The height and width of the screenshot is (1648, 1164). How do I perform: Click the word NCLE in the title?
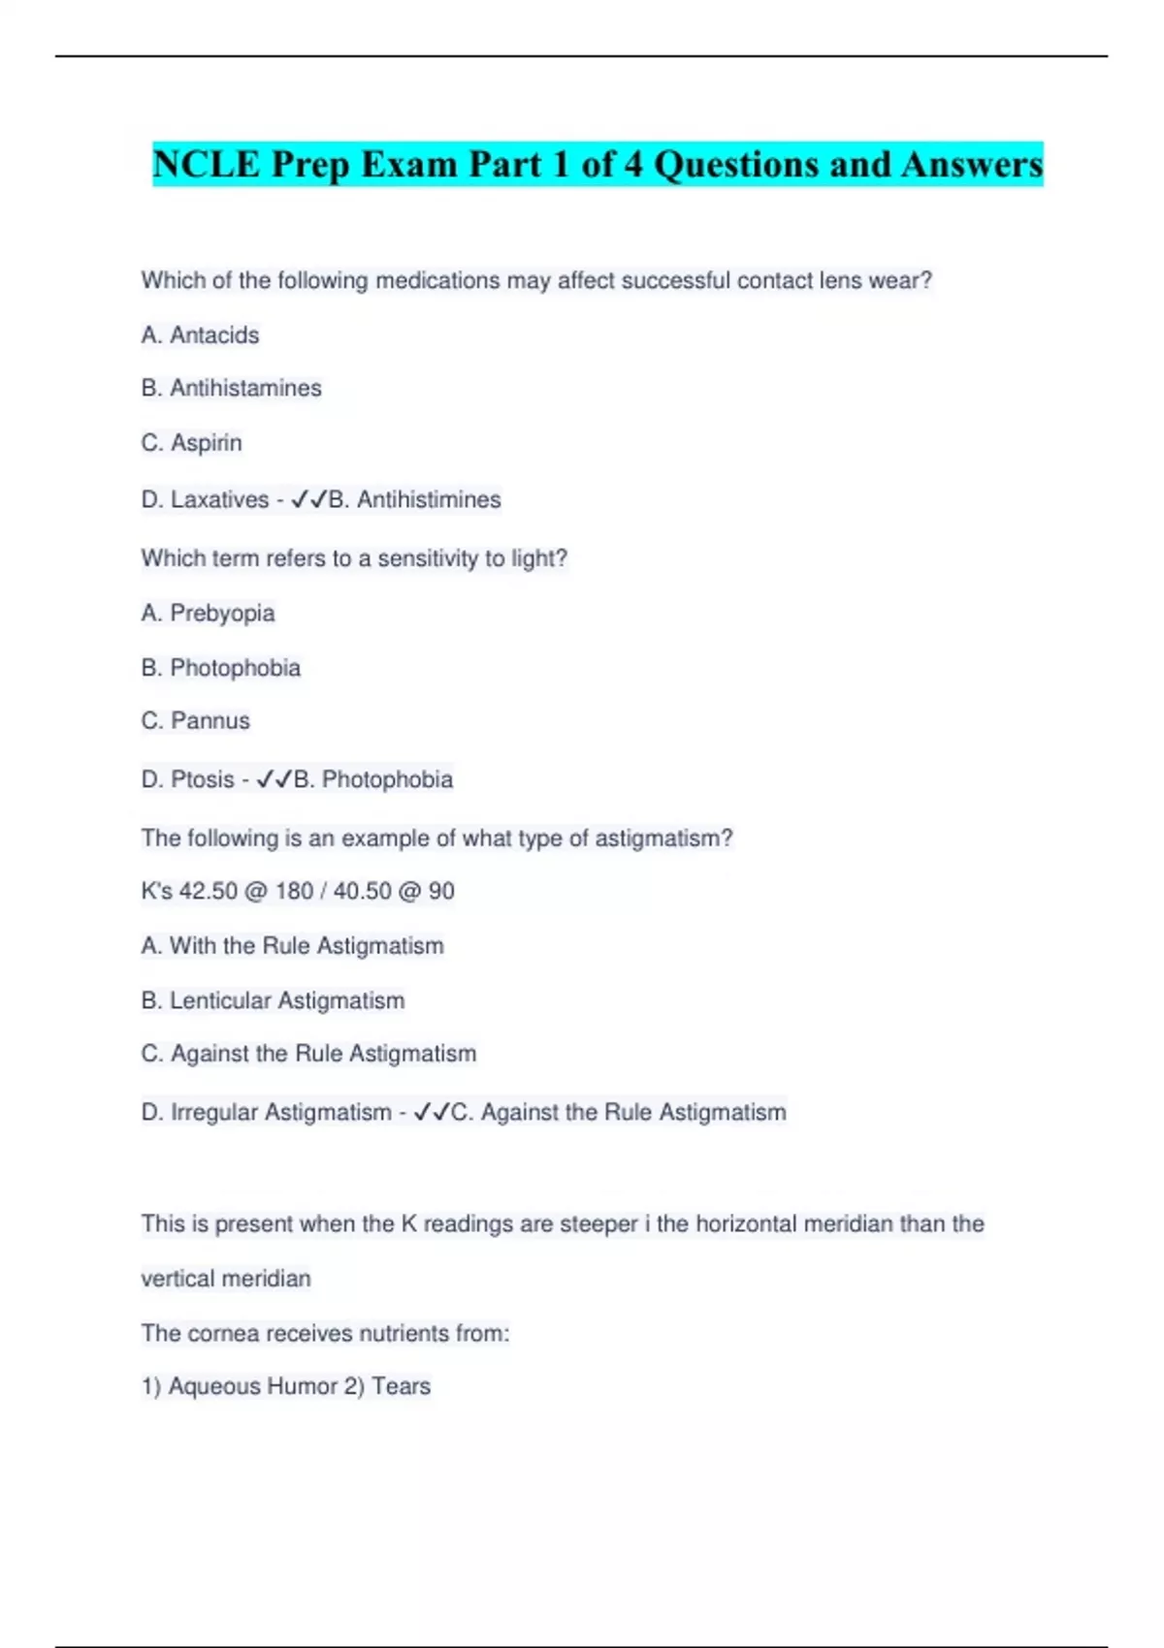coord(207,165)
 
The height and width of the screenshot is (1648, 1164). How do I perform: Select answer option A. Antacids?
coord(200,335)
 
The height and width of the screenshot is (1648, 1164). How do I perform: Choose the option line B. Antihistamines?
coord(231,389)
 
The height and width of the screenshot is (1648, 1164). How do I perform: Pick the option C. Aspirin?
coord(191,443)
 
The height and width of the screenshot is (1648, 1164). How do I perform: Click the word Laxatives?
coord(219,500)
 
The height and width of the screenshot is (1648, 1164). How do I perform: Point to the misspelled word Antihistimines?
coord(429,500)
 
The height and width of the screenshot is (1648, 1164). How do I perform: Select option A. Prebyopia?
coord(208,614)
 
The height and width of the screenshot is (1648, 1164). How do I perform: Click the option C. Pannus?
coord(195,721)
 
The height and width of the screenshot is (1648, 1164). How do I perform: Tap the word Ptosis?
coord(203,780)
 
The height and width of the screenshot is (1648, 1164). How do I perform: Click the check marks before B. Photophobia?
coord(274,780)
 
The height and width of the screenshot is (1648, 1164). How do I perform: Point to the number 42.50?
coord(208,892)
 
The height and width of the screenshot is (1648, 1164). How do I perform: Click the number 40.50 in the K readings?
coord(362,892)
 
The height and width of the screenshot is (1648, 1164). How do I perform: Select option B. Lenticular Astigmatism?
coord(273,1001)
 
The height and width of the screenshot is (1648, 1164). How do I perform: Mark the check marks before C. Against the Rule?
coord(431,1113)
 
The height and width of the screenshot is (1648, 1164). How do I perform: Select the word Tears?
coord(401,1387)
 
